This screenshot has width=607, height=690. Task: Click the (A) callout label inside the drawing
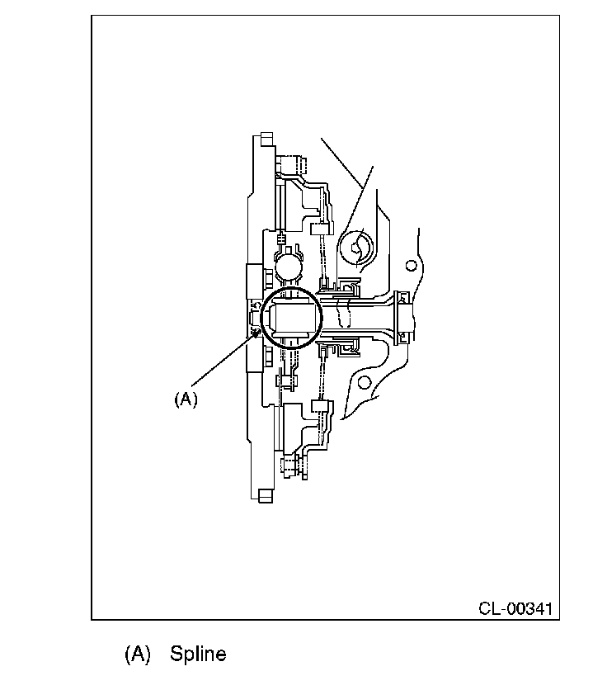point(186,399)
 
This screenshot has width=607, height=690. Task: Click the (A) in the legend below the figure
point(138,654)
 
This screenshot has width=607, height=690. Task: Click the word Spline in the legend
point(198,654)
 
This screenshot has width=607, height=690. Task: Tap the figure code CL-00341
point(515,608)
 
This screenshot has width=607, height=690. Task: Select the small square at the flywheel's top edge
point(266,139)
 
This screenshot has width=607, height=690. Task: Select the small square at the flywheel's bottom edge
point(266,495)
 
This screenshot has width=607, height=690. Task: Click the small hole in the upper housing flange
point(411,266)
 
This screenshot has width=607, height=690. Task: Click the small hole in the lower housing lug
point(364,382)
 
